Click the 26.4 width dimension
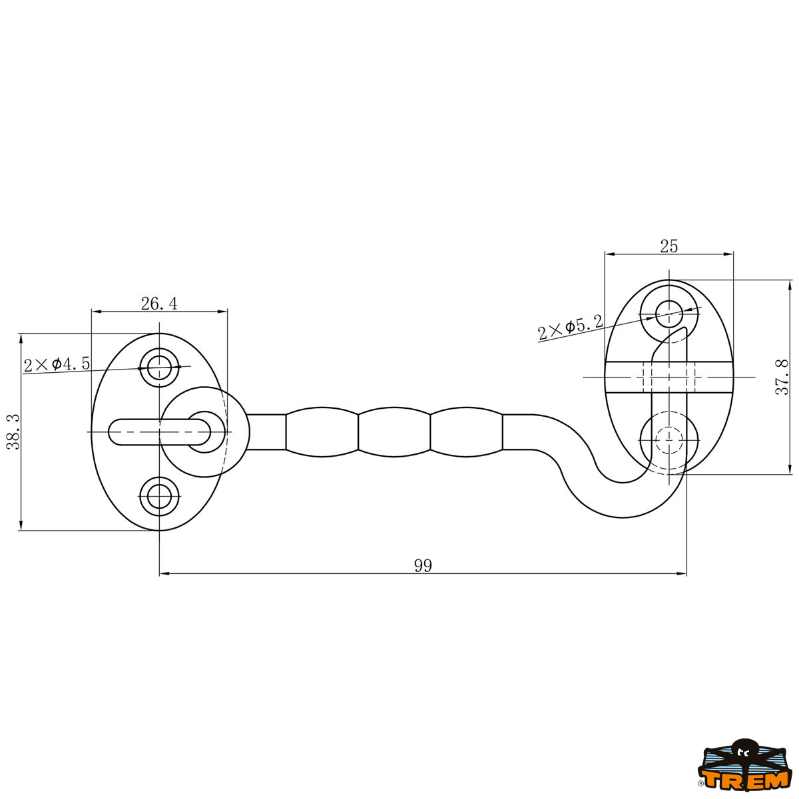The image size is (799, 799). [x=159, y=304]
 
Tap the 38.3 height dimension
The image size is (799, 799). [x=14, y=431]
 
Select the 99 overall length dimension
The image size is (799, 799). [x=423, y=565]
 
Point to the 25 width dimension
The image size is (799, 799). [x=668, y=246]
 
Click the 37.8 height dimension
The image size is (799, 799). [x=782, y=377]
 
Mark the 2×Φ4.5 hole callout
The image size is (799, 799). [x=57, y=364]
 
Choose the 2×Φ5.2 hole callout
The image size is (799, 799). [x=571, y=328]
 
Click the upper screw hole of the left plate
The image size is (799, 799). [x=160, y=368]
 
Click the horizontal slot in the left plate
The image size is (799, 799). [x=160, y=431]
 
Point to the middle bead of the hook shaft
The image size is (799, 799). [x=394, y=431]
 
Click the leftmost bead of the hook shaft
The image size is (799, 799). [x=322, y=431]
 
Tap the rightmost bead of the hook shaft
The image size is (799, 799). [x=467, y=431]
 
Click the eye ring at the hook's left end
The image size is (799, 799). [x=204, y=431]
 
